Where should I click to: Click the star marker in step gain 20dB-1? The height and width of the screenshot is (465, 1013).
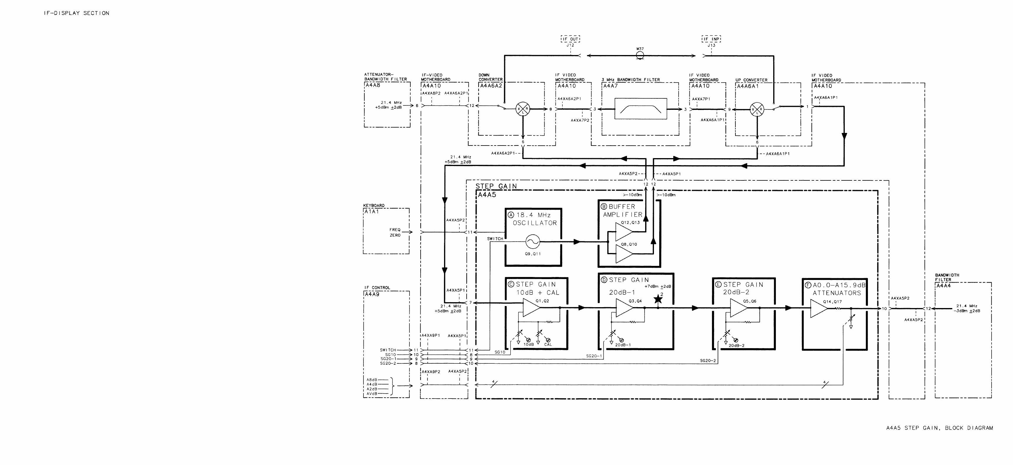(658, 300)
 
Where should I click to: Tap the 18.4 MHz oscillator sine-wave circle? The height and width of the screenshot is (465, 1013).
(533, 242)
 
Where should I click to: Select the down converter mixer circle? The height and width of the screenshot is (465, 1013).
(523, 109)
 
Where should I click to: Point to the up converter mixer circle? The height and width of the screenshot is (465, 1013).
(757, 109)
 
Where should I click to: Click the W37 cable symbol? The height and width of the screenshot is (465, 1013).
(640, 56)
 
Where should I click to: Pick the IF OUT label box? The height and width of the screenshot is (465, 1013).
(570, 39)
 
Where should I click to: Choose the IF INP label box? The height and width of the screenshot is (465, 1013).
(711, 39)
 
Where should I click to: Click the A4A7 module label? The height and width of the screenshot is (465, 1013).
(611, 86)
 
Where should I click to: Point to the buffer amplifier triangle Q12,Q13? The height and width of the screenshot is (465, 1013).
(623, 232)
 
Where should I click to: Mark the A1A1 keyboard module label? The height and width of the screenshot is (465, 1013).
(372, 211)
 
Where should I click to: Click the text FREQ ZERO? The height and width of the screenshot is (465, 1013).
(395, 232)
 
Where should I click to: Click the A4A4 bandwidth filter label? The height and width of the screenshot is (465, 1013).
(944, 286)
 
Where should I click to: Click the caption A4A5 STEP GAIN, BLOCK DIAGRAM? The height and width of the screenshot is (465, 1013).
(939, 428)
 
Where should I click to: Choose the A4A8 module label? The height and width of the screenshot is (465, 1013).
(373, 85)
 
